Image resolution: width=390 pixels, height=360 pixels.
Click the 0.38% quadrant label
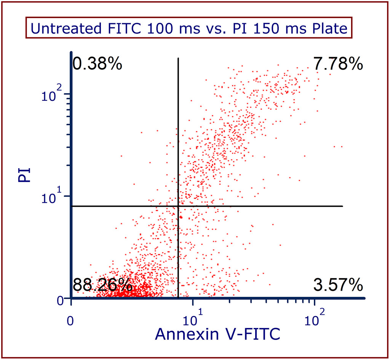pyautogui.click(x=97, y=64)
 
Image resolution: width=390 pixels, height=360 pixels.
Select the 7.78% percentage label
pyautogui.click(x=338, y=64)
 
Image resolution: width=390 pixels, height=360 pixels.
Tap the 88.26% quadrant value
pyautogui.click(x=102, y=284)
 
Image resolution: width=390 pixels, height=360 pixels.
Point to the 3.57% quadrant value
pyautogui.click(x=338, y=284)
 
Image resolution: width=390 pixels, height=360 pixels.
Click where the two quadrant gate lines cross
pyautogui.click(x=178, y=206)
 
